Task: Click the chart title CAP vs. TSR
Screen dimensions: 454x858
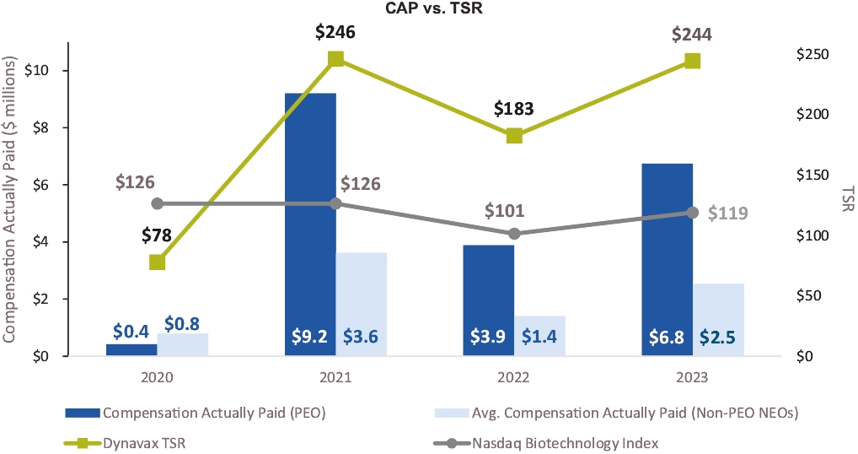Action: (x=428, y=9)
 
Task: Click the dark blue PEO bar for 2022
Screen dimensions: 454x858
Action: (x=489, y=295)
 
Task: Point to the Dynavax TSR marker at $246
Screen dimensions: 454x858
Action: (x=335, y=58)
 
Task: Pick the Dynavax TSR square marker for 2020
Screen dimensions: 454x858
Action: (x=157, y=262)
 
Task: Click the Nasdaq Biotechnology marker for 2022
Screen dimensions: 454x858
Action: (x=514, y=234)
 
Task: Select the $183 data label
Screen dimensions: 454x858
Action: (x=514, y=110)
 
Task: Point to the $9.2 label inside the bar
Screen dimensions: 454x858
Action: (x=310, y=337)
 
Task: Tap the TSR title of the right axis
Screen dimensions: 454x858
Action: (x=846, y=200)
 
